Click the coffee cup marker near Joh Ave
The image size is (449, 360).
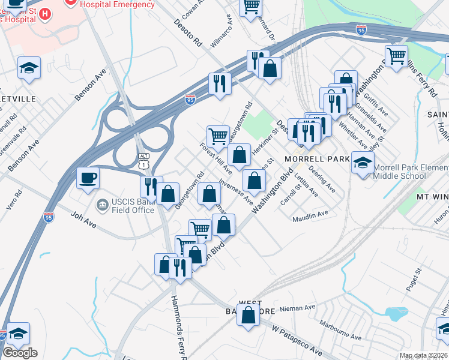(88, 178)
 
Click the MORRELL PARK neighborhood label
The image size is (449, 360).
(317, 159)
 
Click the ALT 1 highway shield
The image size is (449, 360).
(143, 160)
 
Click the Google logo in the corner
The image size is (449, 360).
(20, 352)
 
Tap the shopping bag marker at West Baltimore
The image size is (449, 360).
(248, 314)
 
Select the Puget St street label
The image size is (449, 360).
(414, 280)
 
